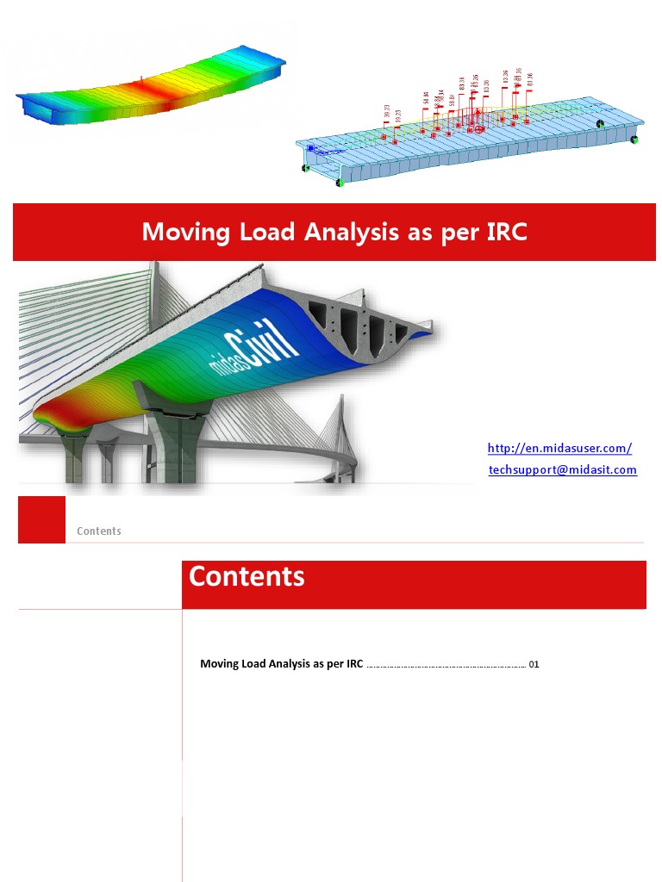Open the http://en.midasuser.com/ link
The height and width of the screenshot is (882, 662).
click(x=559, y=448)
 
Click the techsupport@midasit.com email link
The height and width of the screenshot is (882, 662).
click(x=562, y=469)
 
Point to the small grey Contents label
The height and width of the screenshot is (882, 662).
click(x=99, y=531)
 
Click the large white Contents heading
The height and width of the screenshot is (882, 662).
click(x=247, y=576)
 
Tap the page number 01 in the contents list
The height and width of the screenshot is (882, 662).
click(x=534, y=664)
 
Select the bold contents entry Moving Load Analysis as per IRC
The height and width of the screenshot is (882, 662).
click(x=281, y=664)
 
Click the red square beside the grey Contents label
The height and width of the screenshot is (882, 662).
click(x=41, y=519)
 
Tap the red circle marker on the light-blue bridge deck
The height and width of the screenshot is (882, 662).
click(x=480, y=128)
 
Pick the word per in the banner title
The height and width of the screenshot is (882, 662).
click(x=459, y=232)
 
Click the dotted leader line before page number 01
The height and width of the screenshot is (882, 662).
click(x=447, y=666)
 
